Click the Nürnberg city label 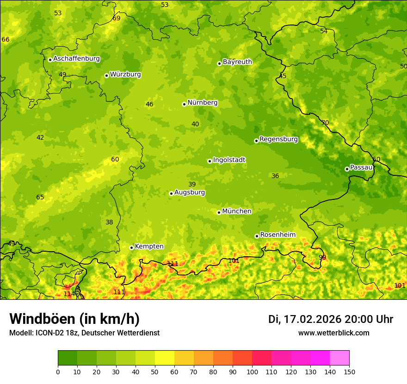(x=202, y=103)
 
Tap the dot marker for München (x=219, y=212)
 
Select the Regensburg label (x=278, y=139)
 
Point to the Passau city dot (x=347, y=169)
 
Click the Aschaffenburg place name (x=76, y=59)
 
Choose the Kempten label (x=149, y=247)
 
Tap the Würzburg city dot (x=106, y=75)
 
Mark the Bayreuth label (x=237, y=62)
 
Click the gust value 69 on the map (x=117, y=18)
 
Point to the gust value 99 (x=322, y=257)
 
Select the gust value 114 (x=69, y=294)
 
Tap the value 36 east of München (x=275, y=176)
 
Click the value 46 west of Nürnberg (x=149, y=104)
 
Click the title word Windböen (x=42, y=319)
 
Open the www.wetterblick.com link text (x=333, y=333)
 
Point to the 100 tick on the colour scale (x=252, y=372)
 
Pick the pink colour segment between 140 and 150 (x=339, y=358)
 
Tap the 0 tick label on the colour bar (x=58, y=372)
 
